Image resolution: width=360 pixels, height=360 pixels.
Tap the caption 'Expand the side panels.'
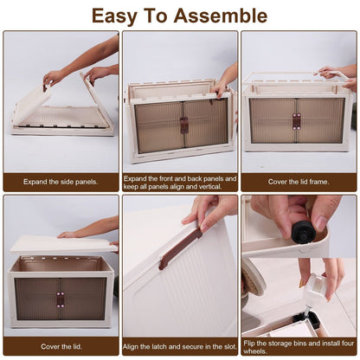click(61, 181)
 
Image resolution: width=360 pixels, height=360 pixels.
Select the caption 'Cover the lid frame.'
click(299, 181)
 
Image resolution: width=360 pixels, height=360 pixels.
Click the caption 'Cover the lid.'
click(61, 346)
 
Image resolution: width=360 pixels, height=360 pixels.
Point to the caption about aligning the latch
click(180, 346)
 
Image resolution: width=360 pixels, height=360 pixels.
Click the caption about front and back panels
click(180, 181)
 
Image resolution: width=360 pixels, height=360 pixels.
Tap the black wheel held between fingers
click(303, 232)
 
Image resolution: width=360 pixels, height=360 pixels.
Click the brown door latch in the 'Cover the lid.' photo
click(61, 299)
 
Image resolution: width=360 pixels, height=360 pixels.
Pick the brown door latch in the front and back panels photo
click(183, 125)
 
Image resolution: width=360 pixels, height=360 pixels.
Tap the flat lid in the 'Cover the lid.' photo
click(61, 245)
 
